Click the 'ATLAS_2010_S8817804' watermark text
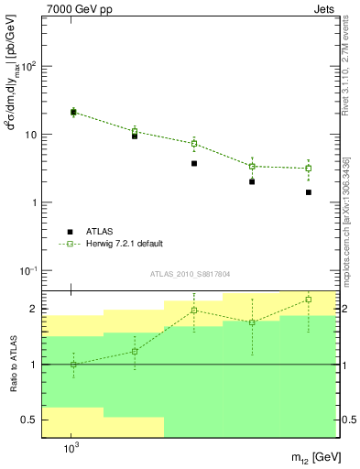191,274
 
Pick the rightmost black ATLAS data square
309,192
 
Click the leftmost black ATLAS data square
73,113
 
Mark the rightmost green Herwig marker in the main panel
309,169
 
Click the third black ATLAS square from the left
194,163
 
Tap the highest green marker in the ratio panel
309,300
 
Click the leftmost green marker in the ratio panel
73,365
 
